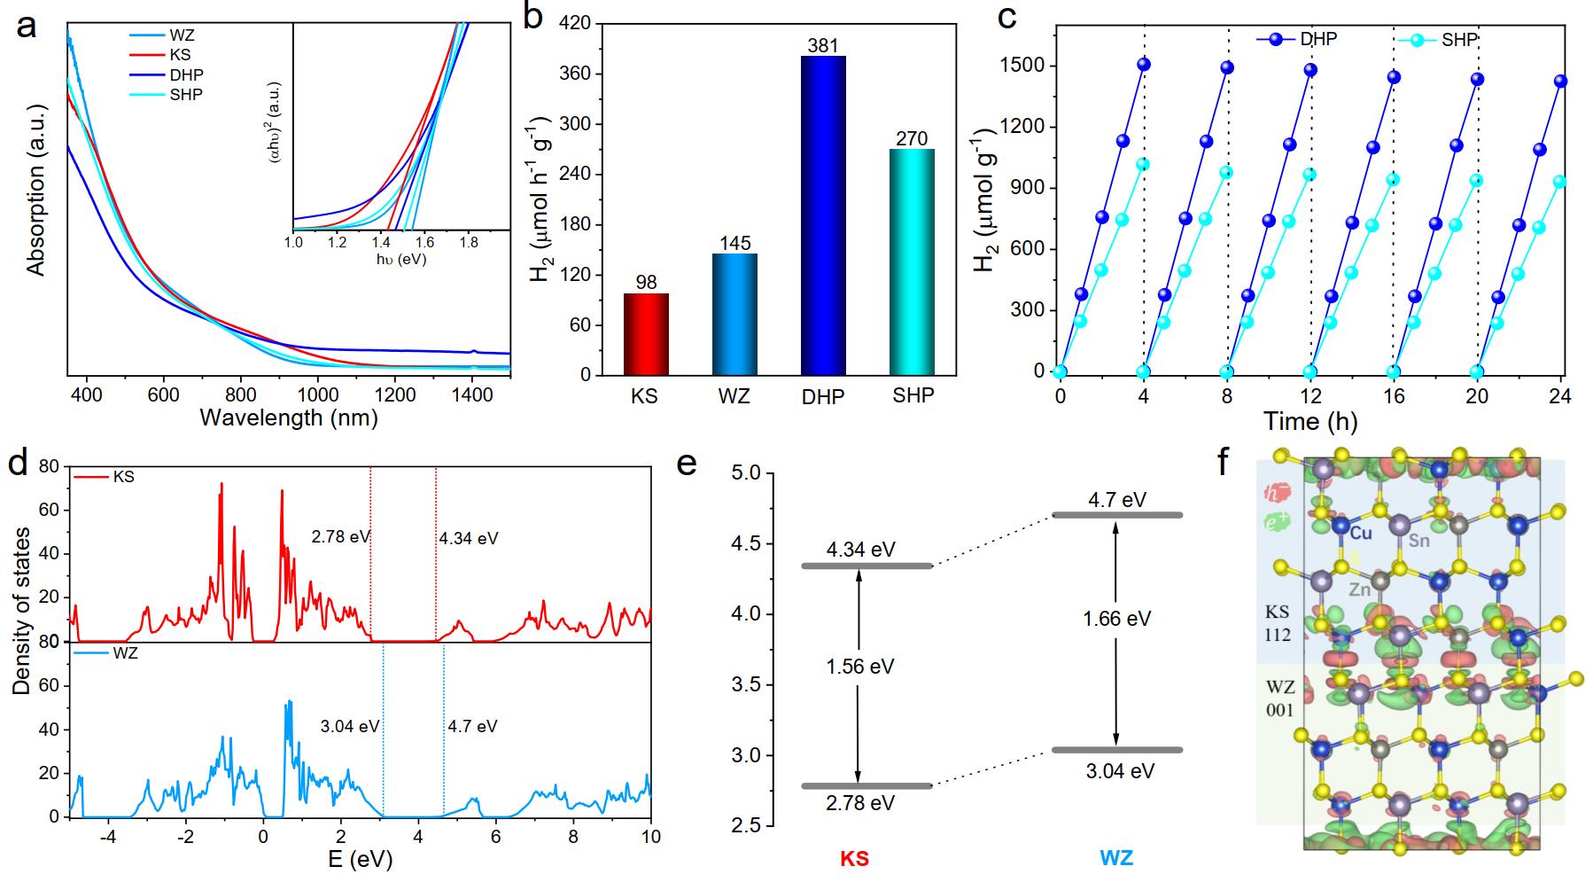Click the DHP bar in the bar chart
(x=823, y=215)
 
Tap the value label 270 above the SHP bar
(x=912, y=138)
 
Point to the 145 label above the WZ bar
(x=734, y=243)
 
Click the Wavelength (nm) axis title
(x=289, y=418)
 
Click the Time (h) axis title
(x=1309, y=422)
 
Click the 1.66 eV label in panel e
(x=1116, y=619)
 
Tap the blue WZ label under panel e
(x=1116, y=858)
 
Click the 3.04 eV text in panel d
(x=350, y=727)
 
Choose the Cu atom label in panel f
(x=1362, y=533)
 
